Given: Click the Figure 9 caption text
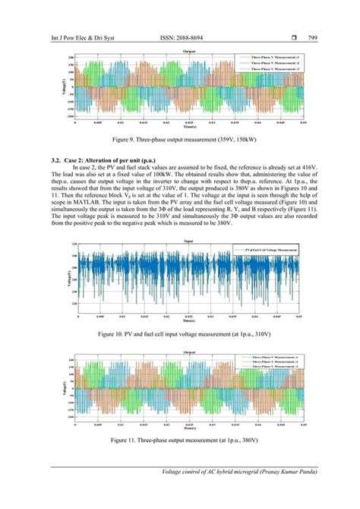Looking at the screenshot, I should point(180,141).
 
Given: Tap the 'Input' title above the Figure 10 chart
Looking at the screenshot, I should point(190,240).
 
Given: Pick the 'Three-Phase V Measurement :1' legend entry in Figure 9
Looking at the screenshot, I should point(270,57).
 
